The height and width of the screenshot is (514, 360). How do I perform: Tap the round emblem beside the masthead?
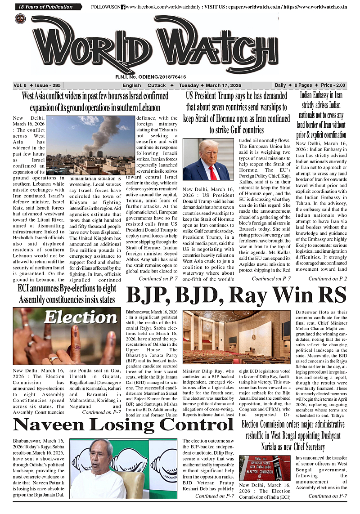20,18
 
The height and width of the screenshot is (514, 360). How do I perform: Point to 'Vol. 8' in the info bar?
20,85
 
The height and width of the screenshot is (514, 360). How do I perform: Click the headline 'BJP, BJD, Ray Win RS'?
237,295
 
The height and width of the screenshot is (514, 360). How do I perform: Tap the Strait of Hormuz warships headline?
237,113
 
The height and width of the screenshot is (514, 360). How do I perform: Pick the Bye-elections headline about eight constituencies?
66,293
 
